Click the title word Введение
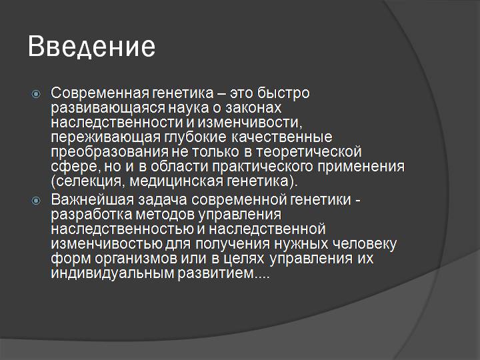pos(92,47)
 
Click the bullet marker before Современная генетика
pos(37,93)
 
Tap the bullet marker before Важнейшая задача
pos(37,201)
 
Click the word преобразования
pos(107,151)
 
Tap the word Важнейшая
pos(86,201)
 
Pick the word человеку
pos(365,244)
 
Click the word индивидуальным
pos(109,273)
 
